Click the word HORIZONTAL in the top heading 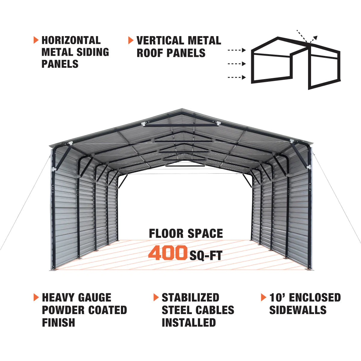tap(71, 40)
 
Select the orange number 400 tap(168, 253)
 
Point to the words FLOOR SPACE tap(186, 233)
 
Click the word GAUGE tap(94, 297)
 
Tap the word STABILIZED tap(190, 297)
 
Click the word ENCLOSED tap(315, 297)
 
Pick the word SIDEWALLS tap(298, 310)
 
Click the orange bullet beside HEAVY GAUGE tap(36, 297)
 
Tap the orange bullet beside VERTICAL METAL tap(131, 40)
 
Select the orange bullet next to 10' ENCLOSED tap(264, 297)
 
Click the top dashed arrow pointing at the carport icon tap(237, 50)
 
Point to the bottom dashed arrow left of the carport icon tap(237, 77)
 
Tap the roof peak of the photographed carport tap(182, 109)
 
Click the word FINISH tap(58, 322)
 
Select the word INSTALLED tap(189, 322)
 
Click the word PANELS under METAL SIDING tap(60, 64)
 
